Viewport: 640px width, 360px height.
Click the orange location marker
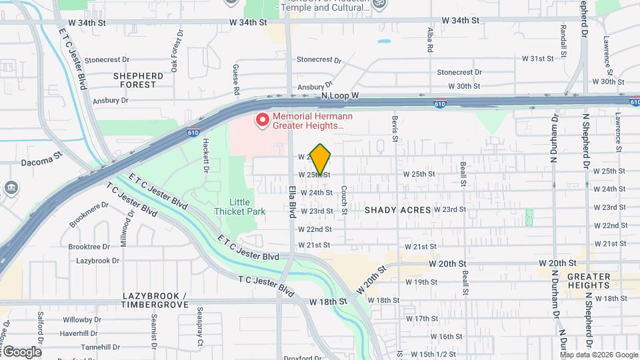(321, 159)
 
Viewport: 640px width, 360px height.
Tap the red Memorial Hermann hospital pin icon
(263, 121)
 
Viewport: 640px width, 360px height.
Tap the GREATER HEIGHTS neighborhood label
(589, 281)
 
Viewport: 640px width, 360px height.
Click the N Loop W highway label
(339, 96)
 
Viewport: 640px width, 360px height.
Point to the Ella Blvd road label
(292, 201)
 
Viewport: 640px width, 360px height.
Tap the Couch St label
(345, 200)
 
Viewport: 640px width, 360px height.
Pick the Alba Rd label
(430, 40)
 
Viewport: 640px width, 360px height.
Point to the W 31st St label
(537, 59)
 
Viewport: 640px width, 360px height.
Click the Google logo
(21, 351)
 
